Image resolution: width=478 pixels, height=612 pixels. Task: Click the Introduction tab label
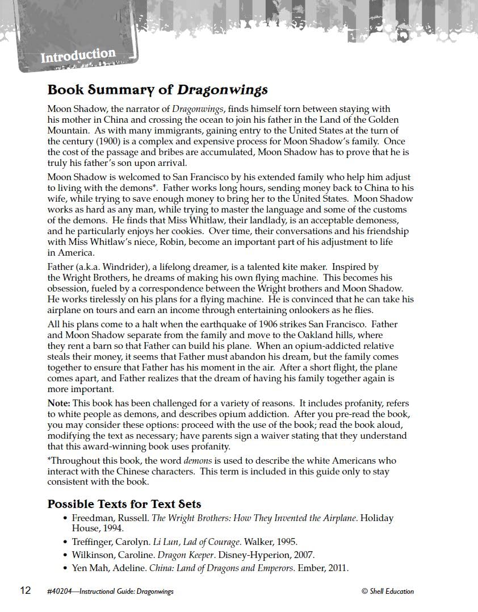tap(78, 56)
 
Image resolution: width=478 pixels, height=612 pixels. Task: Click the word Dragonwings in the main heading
tap(223, 90)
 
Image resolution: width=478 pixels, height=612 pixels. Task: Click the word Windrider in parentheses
tap(114, 267)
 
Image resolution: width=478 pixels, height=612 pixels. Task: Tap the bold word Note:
tap(59, 403)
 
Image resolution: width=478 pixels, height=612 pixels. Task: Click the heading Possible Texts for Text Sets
tap(124, 504)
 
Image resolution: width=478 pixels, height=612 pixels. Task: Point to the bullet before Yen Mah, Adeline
tap(66, 568)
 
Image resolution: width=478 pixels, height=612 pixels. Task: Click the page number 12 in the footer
tap(26, 590)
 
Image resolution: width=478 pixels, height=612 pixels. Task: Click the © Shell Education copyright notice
tap(388, 592)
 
